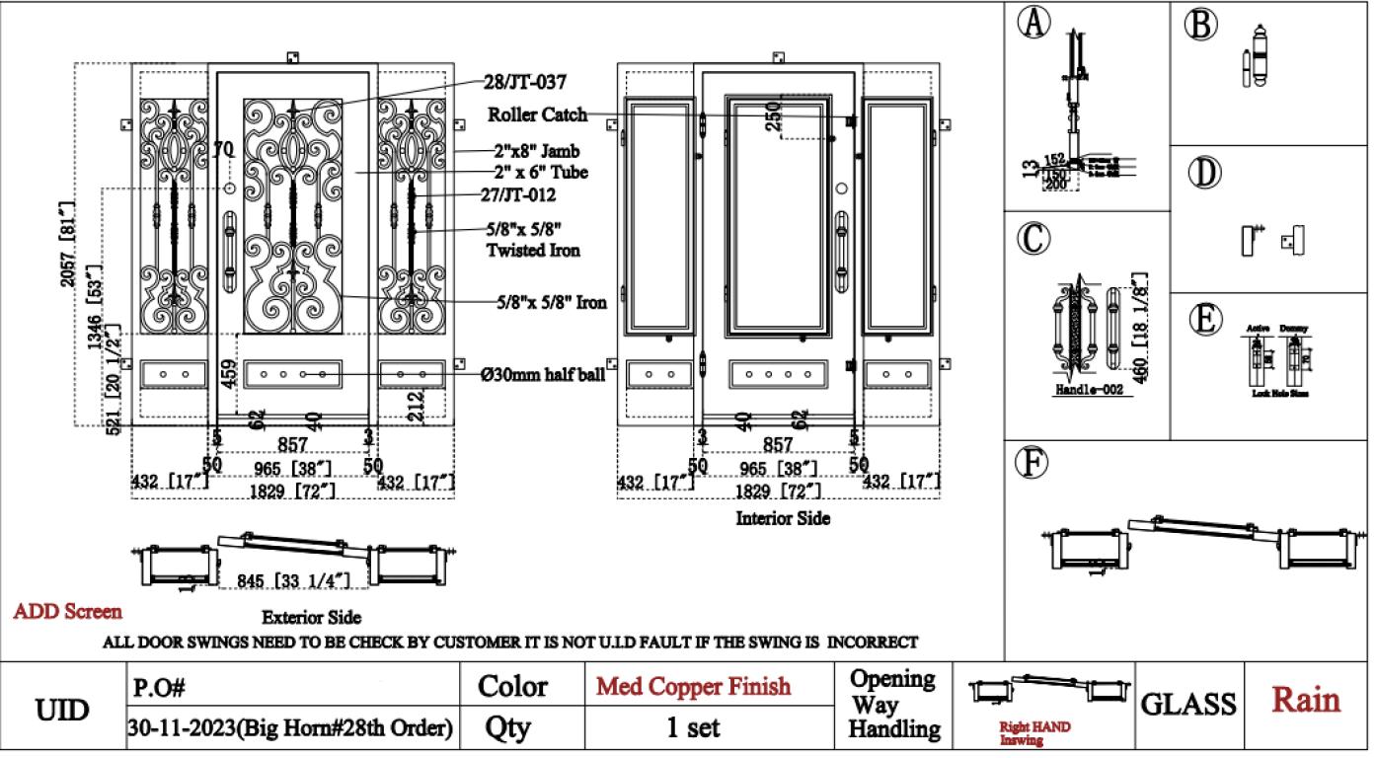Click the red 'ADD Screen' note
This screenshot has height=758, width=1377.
(68, 612)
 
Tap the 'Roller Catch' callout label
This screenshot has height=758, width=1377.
(537, 115)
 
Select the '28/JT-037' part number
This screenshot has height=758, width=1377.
(525, 82)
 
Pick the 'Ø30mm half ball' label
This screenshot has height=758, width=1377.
(543, 375)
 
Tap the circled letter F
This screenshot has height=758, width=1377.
(1033, 462)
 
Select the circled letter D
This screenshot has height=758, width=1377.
(1201, 173)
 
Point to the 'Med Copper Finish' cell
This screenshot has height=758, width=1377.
(693, 686)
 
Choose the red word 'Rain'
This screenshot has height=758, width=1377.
(1306, 700)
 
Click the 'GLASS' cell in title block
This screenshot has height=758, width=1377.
(1188, 704)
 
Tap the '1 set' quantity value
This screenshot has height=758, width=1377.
(693, 728)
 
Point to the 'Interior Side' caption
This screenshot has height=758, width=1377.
(783, 518)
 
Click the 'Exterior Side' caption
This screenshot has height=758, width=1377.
(311, 618)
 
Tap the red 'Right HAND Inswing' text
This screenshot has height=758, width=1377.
(1033, 732)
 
